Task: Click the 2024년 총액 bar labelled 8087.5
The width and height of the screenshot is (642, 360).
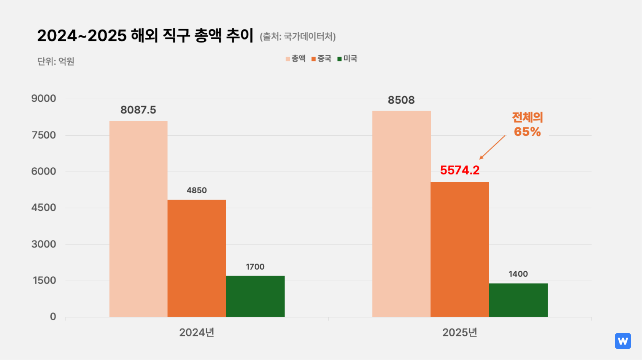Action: coord(138,219)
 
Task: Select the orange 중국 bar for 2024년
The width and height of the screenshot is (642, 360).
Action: coord(197,258)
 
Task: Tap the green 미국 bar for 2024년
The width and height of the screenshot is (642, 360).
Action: coord(255,296)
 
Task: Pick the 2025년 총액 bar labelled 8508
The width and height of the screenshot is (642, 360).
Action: coord(401,214)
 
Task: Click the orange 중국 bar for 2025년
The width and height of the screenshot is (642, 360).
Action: coord(459,249)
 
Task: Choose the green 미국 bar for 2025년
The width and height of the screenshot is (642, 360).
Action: coord(518,300)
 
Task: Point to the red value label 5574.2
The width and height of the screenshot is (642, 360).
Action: coord(459,170)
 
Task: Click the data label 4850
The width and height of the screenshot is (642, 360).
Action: coord(197,190)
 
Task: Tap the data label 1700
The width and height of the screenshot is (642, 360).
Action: coord(255,267)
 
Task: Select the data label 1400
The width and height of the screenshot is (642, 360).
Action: coord(518,274)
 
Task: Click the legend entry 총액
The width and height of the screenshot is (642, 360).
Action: coord(296,59)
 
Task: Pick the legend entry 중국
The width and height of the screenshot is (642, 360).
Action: coord(321,59)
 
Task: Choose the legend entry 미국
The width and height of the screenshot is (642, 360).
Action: coord(347,59)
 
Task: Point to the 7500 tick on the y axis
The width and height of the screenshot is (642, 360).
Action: coord(44,135)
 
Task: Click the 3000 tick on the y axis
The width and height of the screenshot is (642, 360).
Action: coord(44,244)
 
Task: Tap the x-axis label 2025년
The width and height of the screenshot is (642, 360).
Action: coord(459,333)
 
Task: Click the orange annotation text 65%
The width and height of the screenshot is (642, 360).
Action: coord(527,132)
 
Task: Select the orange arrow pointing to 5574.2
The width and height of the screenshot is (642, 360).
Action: coord(492,147)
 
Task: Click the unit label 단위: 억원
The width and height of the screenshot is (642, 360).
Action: coord(56,62)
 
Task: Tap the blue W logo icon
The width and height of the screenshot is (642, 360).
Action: coord(623,341)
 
